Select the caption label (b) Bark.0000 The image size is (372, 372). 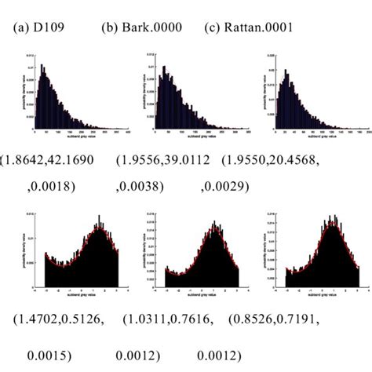click(142, 28)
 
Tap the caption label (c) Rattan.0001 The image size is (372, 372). click(250, 28)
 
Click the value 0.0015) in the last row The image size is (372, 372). click(59, 347)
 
